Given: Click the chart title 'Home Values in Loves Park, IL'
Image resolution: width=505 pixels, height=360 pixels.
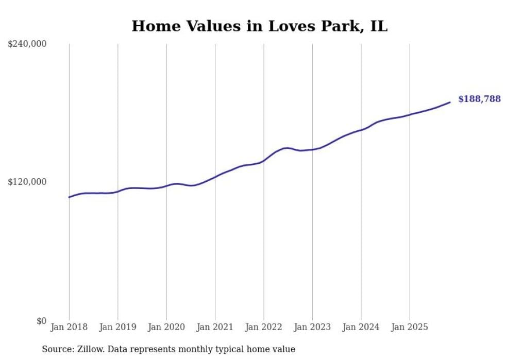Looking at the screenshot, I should coord(259,26).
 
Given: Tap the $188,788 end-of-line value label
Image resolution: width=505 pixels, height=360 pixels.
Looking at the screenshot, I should coord(479,99).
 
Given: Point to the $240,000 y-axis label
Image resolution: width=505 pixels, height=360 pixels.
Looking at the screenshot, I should coord(27,44).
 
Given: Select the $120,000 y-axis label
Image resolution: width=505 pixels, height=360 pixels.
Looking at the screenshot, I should coord(27,182).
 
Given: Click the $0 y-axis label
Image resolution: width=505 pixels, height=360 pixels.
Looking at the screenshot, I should coord(41,321).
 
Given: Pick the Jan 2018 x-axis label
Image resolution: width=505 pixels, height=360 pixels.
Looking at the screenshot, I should coord(69,327).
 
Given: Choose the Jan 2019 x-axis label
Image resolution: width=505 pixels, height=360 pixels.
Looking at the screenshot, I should coord(118,327).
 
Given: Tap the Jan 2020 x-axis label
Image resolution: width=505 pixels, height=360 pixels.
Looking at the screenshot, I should coord(166,327).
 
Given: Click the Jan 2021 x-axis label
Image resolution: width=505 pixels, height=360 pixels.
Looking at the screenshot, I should coord(215,327).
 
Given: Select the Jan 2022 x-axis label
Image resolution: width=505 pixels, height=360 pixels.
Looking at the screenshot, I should coord(264,327).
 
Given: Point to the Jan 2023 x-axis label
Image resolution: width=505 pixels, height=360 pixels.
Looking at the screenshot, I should coord(312,327).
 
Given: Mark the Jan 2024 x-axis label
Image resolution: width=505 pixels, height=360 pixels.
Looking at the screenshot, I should coord(361,327).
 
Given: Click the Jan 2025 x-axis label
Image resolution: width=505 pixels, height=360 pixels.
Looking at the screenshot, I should coord(410,327).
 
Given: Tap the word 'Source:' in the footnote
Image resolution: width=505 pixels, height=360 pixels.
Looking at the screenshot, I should coord(57,349).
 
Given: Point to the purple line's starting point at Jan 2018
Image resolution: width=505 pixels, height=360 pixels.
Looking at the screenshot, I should coord(69,197).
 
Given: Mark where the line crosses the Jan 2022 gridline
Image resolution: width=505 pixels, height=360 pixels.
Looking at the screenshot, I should coord(264,160).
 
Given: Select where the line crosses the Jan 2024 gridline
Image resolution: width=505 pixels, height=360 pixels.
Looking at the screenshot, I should coord(361,129).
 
